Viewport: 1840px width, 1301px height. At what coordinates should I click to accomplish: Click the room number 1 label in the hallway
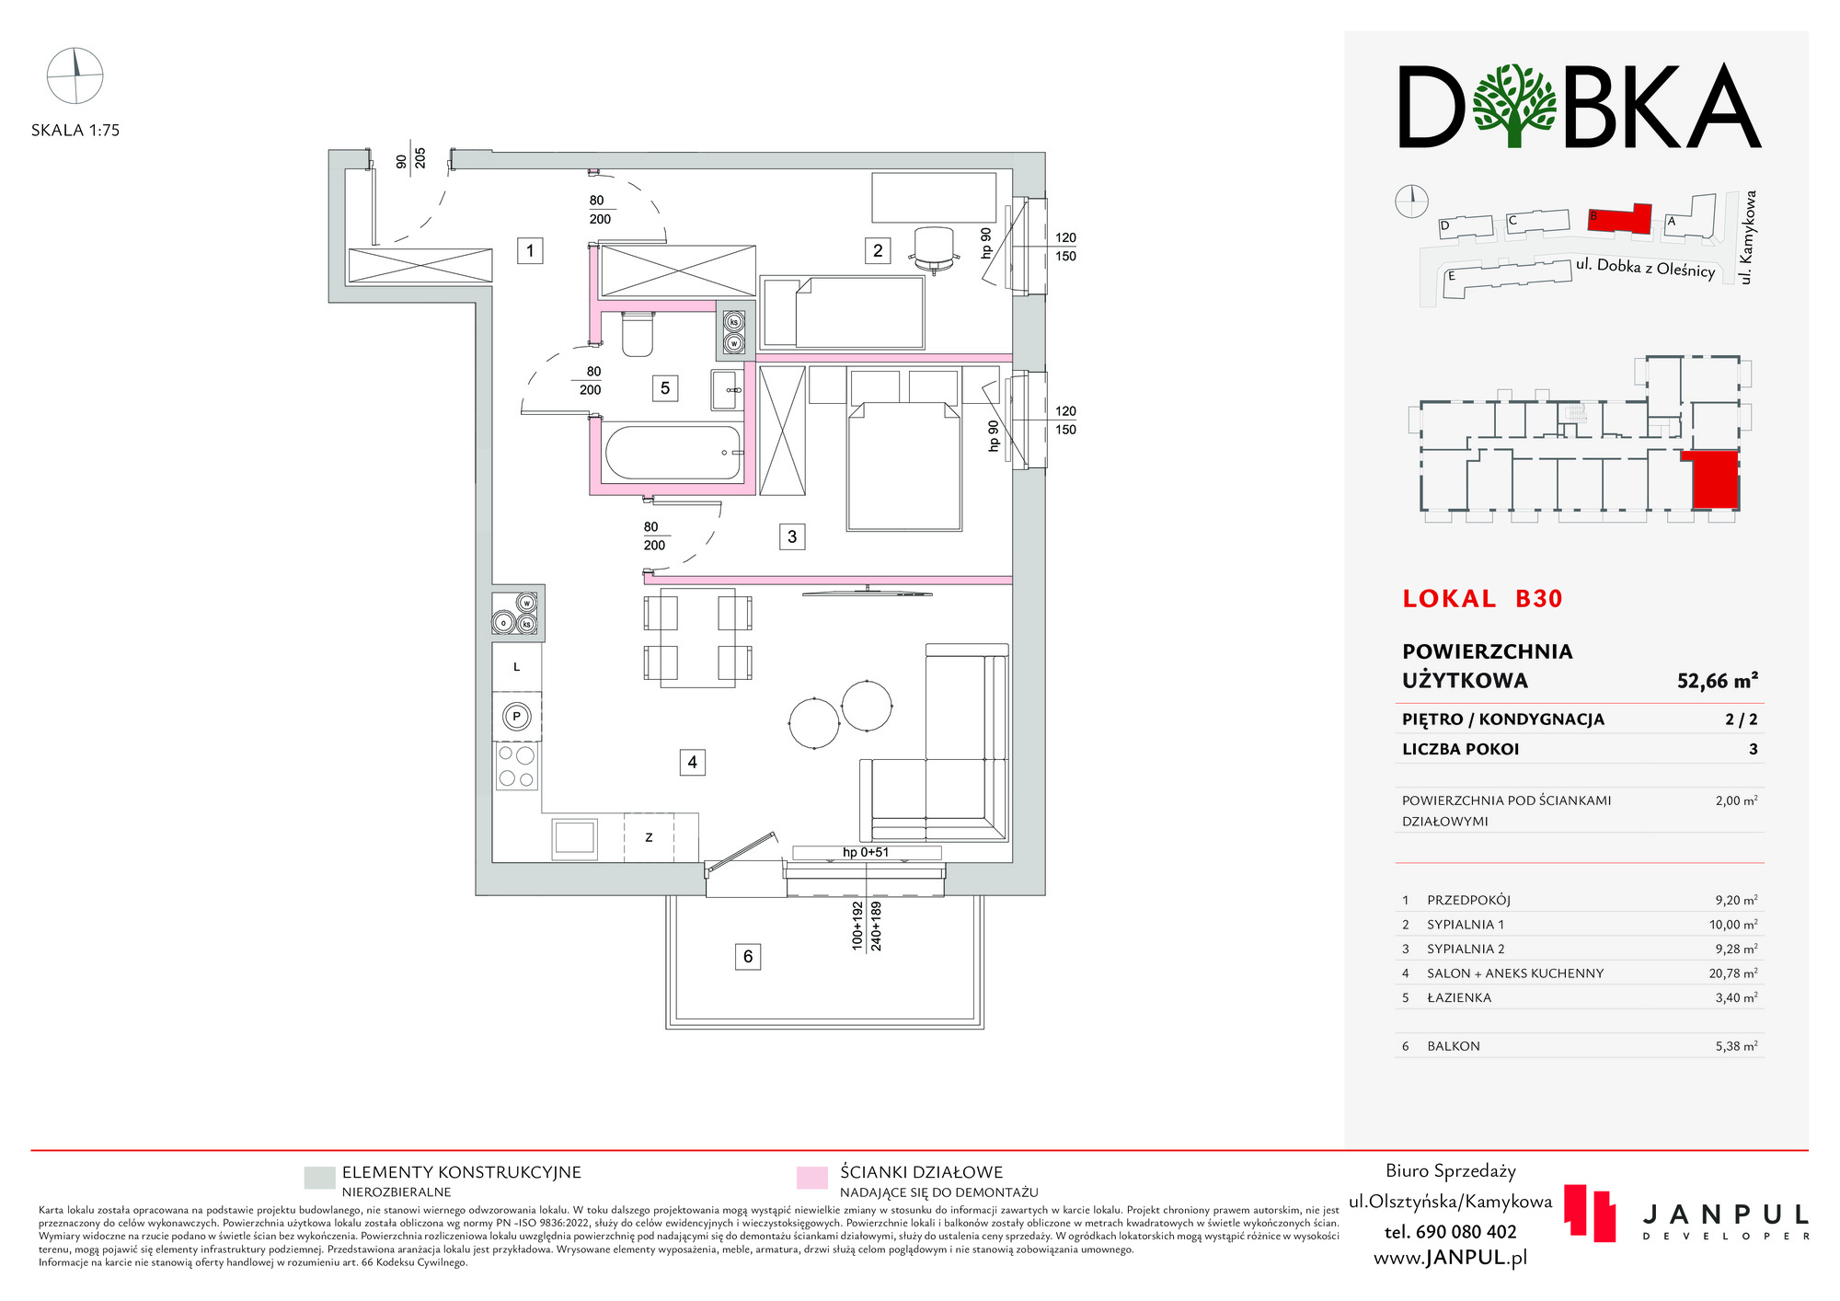[x=530, y=250]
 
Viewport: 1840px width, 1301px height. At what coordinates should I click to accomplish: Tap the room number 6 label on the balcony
[x=748, y=957]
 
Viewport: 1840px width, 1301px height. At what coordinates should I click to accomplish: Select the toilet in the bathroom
[x=638, y=334]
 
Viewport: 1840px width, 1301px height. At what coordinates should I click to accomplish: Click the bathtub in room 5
[x=673, y=453]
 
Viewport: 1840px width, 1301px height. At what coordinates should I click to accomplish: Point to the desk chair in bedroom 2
[x=934, y=249]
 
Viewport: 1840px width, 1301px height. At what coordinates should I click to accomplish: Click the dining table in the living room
[x=697, y=638]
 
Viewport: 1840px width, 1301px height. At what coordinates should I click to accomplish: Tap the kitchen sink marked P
[x=517, y=716]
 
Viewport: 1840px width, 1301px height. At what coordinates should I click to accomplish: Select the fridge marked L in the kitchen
[x=517, y=667]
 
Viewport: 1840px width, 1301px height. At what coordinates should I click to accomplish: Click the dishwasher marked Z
[x=649, y=837]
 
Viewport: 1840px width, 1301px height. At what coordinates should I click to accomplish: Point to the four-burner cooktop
[x=516, y=766]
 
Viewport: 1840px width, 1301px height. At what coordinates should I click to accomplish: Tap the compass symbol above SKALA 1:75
[x=75, y=75]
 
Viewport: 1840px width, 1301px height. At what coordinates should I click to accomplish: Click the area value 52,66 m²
[x=1717, y=681]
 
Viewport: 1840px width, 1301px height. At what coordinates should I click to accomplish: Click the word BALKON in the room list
[x=1454, y=1046]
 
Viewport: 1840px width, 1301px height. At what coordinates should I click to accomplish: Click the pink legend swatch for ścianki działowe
[x=812, y=1179]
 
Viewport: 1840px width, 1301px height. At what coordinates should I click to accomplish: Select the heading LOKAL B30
[x=1482, y=599]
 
